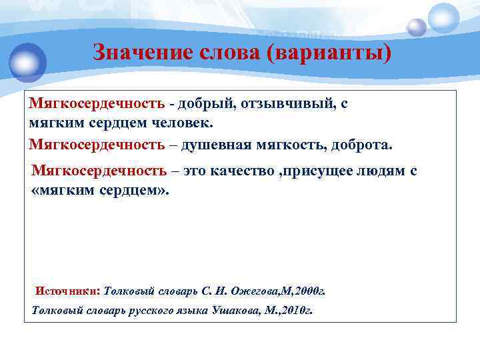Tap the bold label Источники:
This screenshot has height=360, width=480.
(67, 291)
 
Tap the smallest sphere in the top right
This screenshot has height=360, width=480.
(417, 27)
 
